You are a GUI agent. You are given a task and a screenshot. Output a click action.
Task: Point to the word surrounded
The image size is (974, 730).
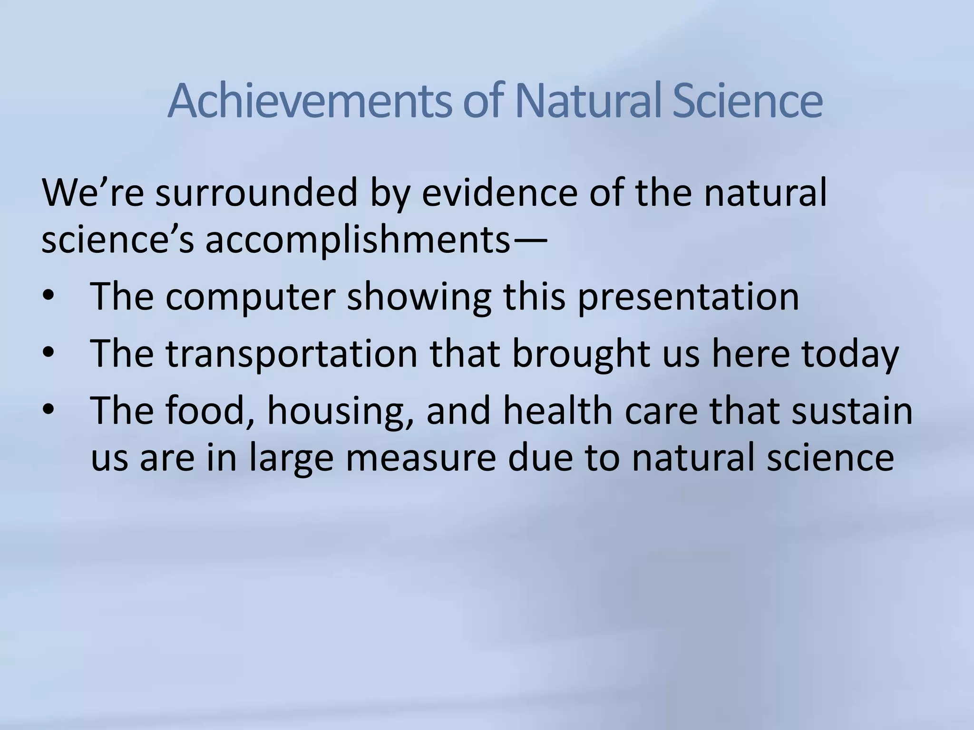[x=256, y=193]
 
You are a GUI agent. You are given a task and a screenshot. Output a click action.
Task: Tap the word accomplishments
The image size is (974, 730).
[x=357, y=240]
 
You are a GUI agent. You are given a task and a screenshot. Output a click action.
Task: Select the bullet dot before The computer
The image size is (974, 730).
[x=49, y=297]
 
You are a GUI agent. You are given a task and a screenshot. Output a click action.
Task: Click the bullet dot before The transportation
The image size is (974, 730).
[x=49, y=354]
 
